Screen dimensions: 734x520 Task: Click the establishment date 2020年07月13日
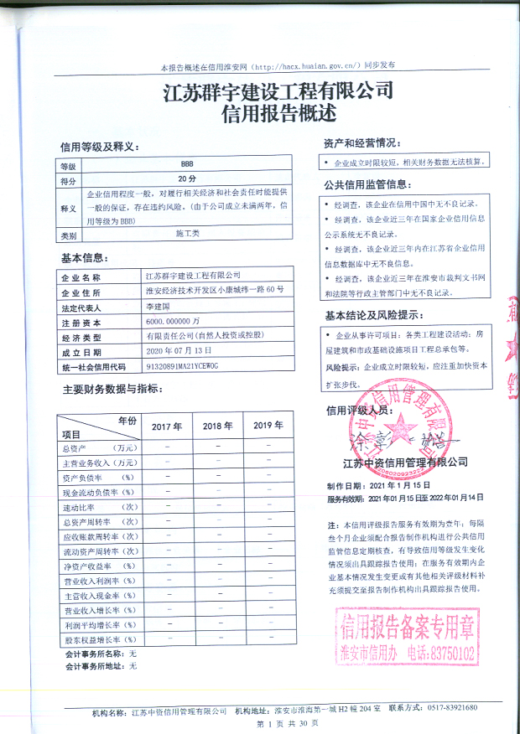tap(182, 352)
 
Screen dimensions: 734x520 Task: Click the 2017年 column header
tap(166, 426)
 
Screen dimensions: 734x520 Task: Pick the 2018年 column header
tap(218, 426)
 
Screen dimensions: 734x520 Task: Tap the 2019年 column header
tap(268, 426)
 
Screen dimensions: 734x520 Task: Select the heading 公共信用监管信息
tap(367, 184)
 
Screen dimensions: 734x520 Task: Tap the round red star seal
tap(393, 432)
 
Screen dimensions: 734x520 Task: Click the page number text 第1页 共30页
tap(288, 723)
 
